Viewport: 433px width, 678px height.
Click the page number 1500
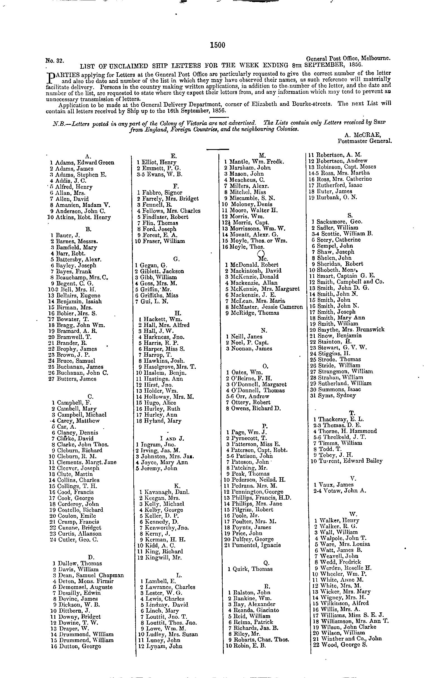[x=218, y=45]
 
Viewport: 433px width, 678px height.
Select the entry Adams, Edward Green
[x=85, y=163]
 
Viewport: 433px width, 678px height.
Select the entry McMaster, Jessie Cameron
[x=266, y=307]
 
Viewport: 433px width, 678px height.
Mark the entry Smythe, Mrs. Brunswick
[x=351, y=330]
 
